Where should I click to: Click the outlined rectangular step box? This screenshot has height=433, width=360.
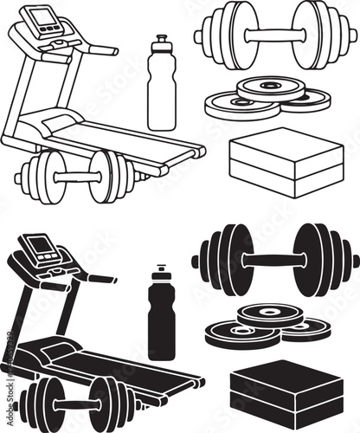[286, 164]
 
